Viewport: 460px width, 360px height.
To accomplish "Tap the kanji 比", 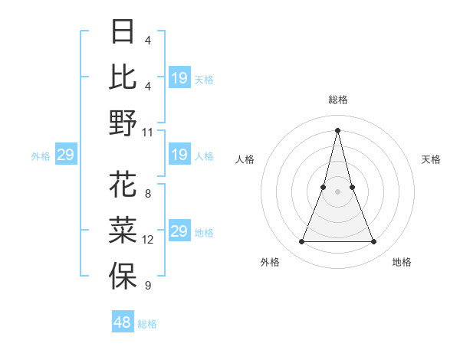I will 123,77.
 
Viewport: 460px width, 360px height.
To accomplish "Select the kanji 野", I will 123,123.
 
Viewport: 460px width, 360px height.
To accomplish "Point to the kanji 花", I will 123,186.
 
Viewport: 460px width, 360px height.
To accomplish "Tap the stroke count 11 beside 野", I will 148,132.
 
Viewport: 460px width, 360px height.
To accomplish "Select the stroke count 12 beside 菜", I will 148,240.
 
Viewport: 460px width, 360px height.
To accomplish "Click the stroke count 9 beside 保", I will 148,286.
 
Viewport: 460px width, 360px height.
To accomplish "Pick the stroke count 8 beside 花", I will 148,195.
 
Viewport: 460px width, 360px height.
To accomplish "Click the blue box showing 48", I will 123,322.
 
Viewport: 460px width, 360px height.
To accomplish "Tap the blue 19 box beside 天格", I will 179,78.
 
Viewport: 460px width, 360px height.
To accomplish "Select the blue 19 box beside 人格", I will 179,155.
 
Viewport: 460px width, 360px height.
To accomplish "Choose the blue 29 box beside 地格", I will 179,231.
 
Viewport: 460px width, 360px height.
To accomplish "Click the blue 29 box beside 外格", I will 65,155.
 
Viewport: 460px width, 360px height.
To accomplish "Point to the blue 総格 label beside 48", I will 147,324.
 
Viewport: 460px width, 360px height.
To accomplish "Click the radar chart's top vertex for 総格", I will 337,129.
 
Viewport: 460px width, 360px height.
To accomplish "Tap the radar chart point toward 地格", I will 374,242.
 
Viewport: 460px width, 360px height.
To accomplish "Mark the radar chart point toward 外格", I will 301,242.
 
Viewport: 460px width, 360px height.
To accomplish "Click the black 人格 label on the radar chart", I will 245,159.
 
